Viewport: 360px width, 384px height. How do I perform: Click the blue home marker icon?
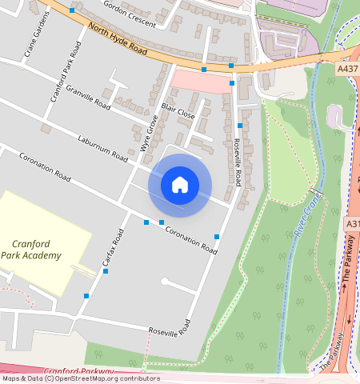pyautogui.click(x=180, y=185)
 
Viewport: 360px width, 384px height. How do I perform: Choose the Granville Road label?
pyautogui.click(x=88, y=97)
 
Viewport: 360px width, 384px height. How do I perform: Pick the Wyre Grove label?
pyautogui.click(x=147, y=133)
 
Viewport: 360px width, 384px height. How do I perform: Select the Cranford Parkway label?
pyautogui.click(x=79, y=372)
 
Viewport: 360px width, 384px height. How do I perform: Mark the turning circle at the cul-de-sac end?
pyautogui.click(x=164, y=282)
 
